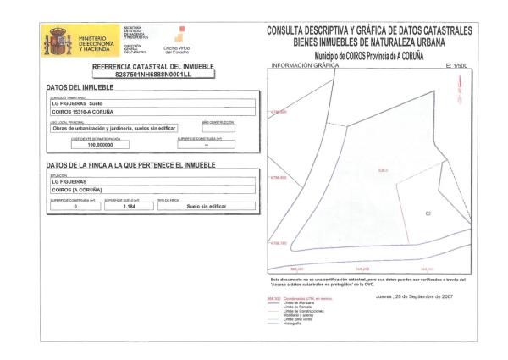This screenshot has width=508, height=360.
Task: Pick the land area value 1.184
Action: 130,206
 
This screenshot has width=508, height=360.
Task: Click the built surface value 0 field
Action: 75,206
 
